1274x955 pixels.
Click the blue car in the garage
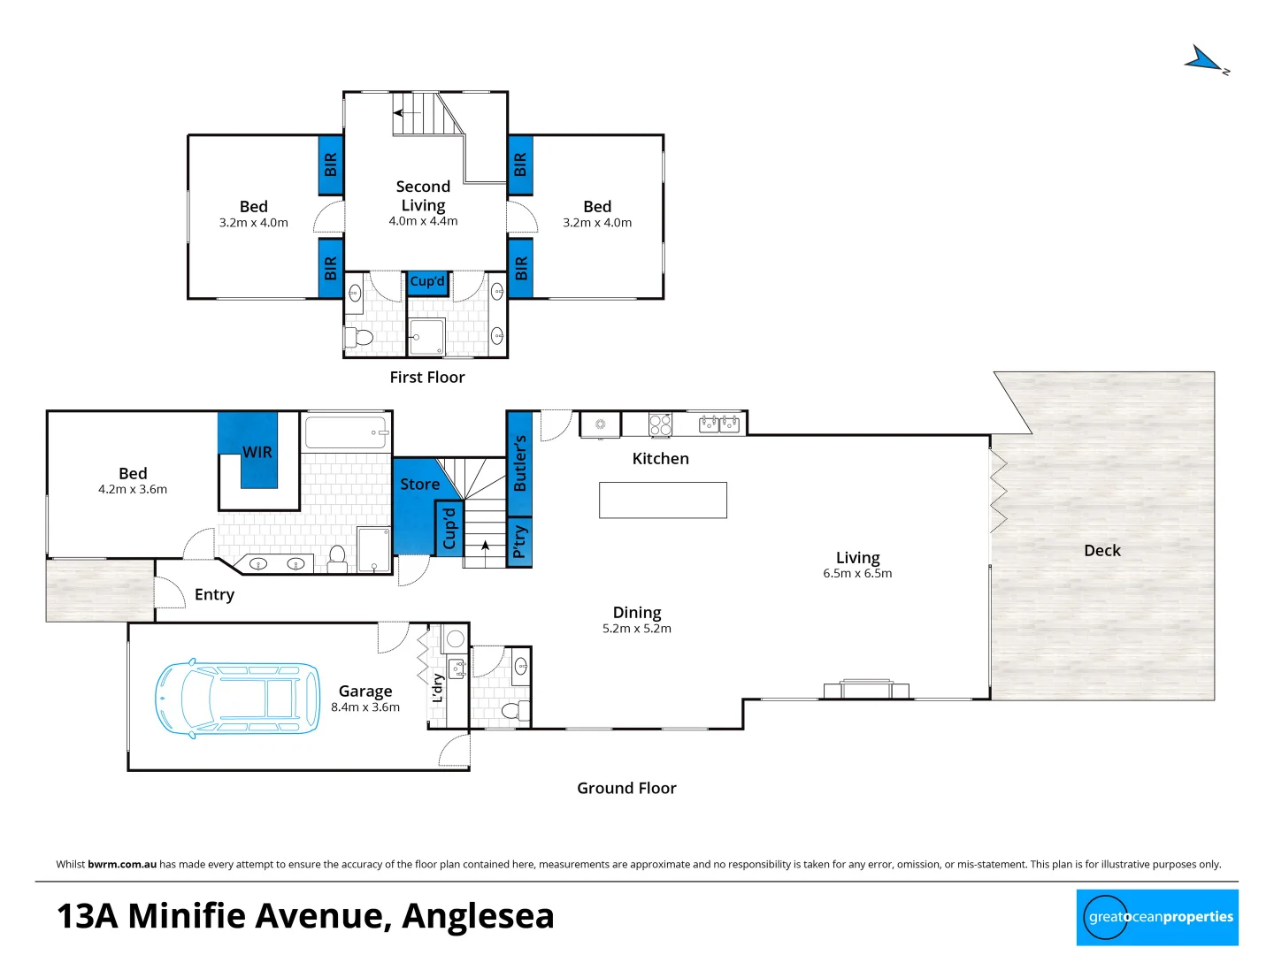click(237, 699)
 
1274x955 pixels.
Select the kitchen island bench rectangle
click(663, 500)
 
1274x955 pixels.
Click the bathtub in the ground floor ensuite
click(346, 433)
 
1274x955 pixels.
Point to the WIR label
click(257, 452)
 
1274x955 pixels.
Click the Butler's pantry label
click(519, 463)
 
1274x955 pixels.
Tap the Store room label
click(419, 485)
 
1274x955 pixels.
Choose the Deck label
click(1101, 550)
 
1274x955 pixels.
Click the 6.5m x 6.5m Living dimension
click(857, 574)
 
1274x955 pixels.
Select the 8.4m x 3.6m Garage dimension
click(365, 707)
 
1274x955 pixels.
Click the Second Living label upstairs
click(423, 195)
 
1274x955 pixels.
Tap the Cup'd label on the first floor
click(427, 281)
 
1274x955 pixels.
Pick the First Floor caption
click(427, 378)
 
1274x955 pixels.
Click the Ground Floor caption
click(626, 788)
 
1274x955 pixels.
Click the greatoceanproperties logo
click(1157, 917)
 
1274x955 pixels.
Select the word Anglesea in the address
click(478, 916)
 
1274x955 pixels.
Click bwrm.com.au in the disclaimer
click(122, 865)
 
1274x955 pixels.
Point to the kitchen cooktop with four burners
click(661, 425)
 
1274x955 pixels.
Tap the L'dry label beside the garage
click(437, 688)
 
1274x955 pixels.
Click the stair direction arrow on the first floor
click(406, 113)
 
